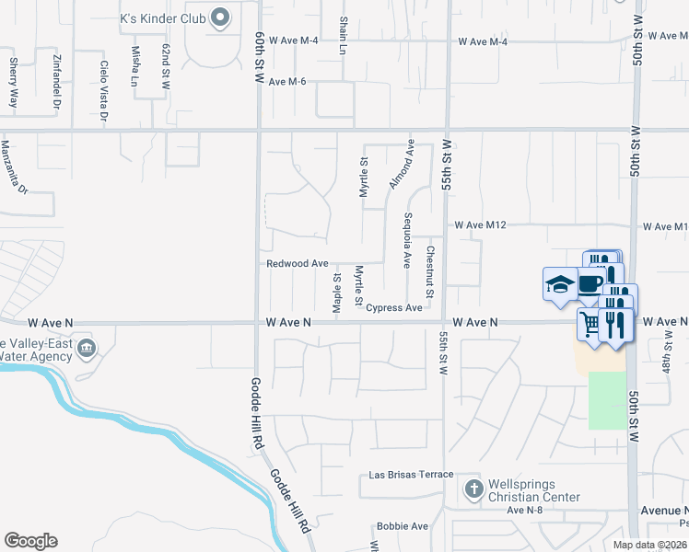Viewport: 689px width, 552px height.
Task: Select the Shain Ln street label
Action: [343, 35]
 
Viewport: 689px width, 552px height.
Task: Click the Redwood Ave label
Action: [298, 263]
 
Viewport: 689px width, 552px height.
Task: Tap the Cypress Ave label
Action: [394, 308]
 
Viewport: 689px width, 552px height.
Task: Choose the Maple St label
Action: [337, 291]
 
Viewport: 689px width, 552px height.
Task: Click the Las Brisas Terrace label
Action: [411, 475]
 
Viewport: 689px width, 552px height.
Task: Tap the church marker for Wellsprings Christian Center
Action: [473, 488]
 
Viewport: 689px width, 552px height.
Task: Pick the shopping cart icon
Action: [590, 323]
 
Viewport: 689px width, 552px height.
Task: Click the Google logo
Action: [30, 541]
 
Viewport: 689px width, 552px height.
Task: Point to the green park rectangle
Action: [606, 400]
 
